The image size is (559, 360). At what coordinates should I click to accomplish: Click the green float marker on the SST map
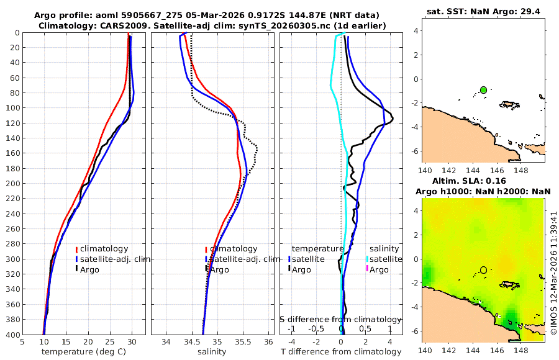point(483,90)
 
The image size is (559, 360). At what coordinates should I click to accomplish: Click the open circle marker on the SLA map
point(483,270)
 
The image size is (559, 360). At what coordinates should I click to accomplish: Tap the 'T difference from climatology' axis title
point(341,352)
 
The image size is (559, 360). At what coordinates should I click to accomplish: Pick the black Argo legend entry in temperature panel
point(90,269)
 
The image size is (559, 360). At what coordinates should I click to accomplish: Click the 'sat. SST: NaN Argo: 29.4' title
point(483,11)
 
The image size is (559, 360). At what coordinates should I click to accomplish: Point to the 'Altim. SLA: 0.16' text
point(483,181)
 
